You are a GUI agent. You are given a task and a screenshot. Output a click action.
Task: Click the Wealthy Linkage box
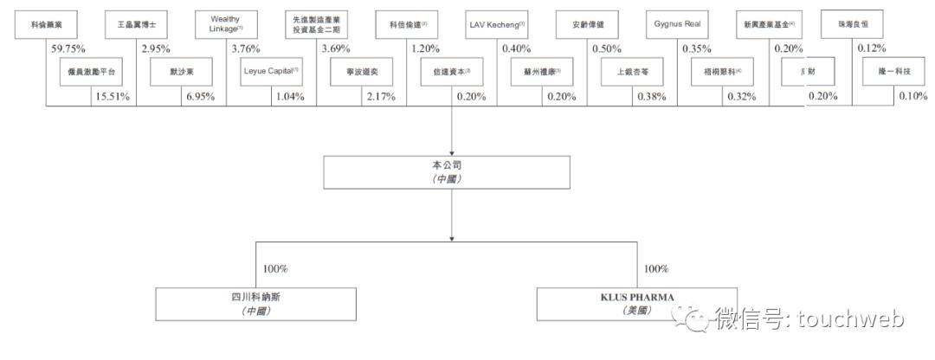(224, 23)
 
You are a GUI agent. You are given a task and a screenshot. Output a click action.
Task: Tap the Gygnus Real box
(678, 23)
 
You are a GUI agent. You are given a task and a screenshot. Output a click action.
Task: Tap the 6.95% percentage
(198, 97)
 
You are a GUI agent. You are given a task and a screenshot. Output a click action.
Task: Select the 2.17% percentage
(381, 97)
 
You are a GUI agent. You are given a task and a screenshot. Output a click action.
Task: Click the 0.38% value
(651, 97)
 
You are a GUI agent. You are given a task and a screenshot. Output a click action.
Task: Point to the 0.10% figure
(912, 97)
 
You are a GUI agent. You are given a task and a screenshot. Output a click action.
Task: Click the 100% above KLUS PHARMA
(657, 269)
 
